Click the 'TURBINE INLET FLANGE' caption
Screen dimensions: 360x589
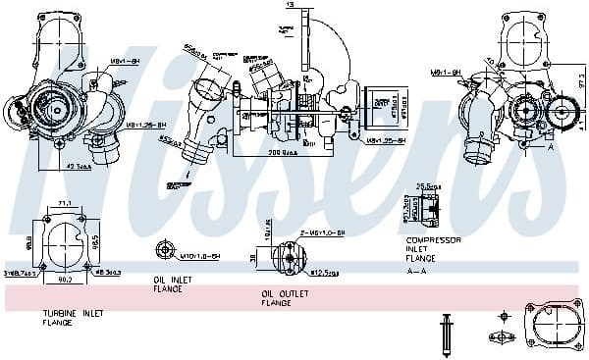click(73, 317)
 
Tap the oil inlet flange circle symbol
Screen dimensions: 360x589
click(162, 255)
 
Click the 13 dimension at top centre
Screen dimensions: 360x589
click(289, 5)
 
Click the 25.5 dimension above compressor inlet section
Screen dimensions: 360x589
click(428, 185)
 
